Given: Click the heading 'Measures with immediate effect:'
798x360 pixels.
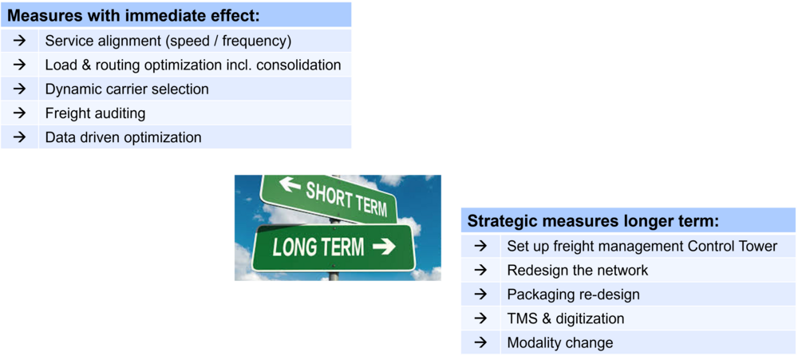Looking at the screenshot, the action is click(133, 14).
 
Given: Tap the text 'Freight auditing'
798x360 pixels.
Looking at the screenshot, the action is click(95, 113).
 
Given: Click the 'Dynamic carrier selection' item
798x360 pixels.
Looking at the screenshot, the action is click(127, 89).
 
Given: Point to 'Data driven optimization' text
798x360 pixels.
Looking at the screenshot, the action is click(123, 137).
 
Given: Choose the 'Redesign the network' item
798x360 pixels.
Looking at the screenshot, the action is click(578, 270).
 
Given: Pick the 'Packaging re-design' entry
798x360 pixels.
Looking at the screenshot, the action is click(574, 295).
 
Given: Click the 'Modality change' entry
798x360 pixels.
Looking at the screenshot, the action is click(560, 342).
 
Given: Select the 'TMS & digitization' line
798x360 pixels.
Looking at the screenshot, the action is click(566, 318).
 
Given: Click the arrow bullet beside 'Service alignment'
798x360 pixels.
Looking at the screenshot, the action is click(19, 41).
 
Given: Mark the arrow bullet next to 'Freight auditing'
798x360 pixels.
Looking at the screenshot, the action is click(19, 113).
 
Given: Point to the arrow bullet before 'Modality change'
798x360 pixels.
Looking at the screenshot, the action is click(480, 342).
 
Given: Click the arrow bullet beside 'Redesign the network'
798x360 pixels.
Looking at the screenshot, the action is click(480, 270).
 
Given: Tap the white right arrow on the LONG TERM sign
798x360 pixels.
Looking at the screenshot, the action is click(385, 247).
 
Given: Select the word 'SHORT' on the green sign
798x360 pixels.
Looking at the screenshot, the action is click(328, 194).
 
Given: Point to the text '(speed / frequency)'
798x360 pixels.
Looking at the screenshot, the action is click(228, 42).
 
